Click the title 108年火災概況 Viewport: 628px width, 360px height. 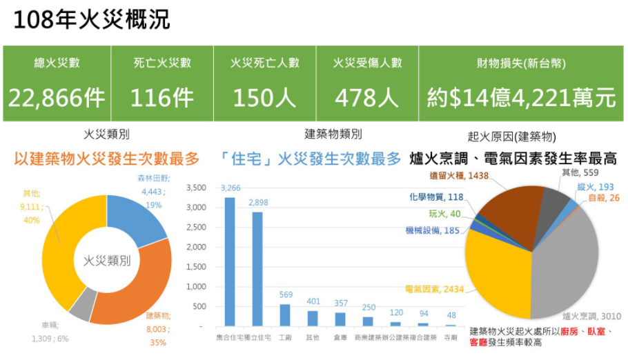[x=92, y=21]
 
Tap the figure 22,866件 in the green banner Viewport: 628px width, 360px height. [x=57, y=98]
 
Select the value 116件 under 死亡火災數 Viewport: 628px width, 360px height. [x=162, y=98]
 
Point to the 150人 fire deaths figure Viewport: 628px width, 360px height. [x=264, y=98]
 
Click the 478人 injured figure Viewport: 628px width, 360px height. [x=367, y=98]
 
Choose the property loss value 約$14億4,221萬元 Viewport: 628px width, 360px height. [x=521, y=98]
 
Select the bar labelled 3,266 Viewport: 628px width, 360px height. [x=230, y=262]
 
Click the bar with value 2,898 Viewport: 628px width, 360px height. [x=257, y=269]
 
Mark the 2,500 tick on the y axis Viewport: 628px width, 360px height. [x=197, y=227]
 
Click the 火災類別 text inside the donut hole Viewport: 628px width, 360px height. [x=107, y=261]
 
